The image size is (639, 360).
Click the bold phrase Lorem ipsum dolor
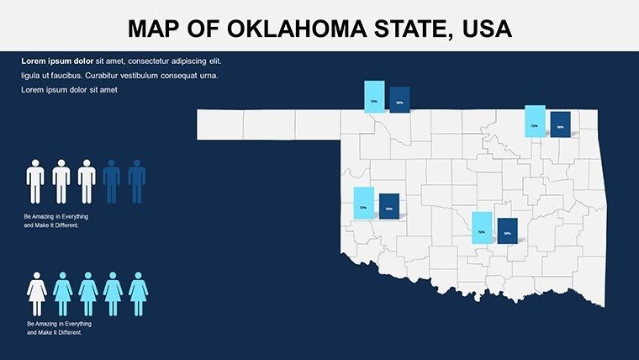coord(57,61)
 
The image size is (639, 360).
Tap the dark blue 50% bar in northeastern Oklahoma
coord(560,124)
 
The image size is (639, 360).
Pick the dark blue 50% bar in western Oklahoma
coord(388,206)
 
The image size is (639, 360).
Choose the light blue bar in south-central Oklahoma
coord(481,228)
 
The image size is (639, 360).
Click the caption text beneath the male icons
coord(56,221)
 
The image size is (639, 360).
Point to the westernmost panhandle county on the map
coord(220,124)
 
